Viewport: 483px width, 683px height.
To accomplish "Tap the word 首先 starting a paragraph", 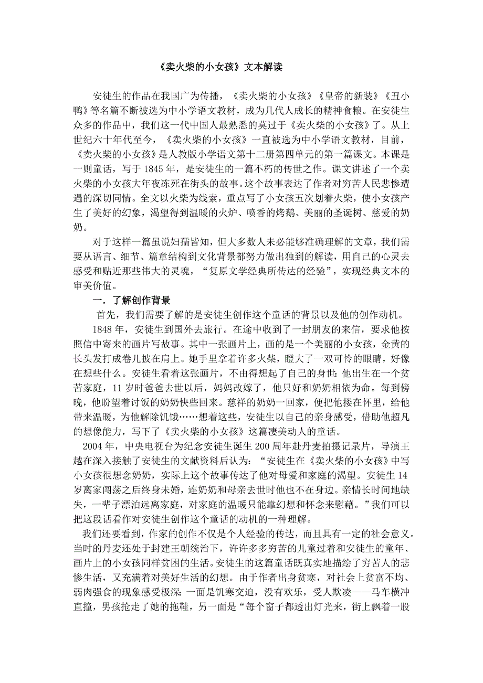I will click(107, 315).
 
